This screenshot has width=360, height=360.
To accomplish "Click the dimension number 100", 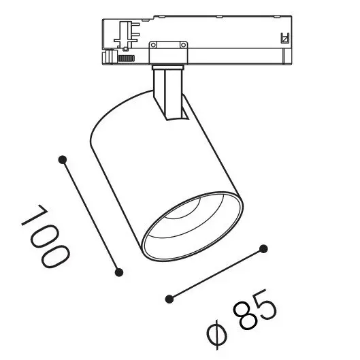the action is coord(46,236).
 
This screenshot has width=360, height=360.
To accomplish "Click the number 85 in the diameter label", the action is coord(255,310).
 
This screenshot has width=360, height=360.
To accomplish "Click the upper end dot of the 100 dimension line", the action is coord(63,159).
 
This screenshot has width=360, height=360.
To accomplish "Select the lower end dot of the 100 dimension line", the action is coord(119,272).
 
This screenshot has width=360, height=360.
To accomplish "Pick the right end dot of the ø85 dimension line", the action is coord(263,249).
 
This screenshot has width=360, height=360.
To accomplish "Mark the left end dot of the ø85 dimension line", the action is coord(169,299).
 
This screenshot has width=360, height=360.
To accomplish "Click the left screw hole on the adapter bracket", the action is coord(154,45).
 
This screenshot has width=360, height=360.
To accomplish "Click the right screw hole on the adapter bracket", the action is coord(183,45).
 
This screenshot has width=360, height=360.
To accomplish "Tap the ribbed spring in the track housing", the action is coord(125,59).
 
